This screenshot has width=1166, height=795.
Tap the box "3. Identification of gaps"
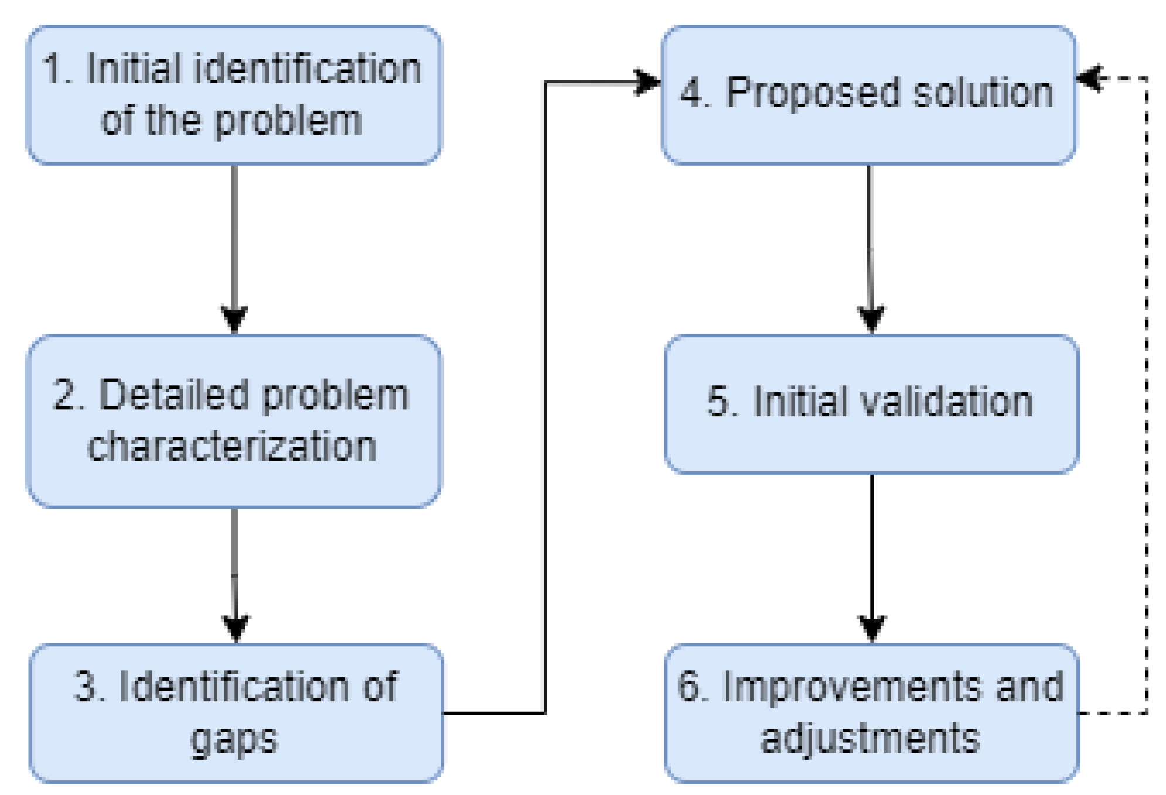pos(236,712)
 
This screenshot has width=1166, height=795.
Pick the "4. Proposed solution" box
pos(868,95)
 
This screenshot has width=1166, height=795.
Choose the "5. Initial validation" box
pos(871,404)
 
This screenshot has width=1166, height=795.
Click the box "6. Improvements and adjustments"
pos(871,712)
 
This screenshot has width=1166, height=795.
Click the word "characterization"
pos(231,446)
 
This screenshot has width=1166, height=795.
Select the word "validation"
pos(946,402)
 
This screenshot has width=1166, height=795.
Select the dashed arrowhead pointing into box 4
pos(1090,78)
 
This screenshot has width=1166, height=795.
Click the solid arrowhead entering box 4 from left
pos(647,82)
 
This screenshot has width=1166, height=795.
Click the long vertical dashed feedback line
pos(1147,398)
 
